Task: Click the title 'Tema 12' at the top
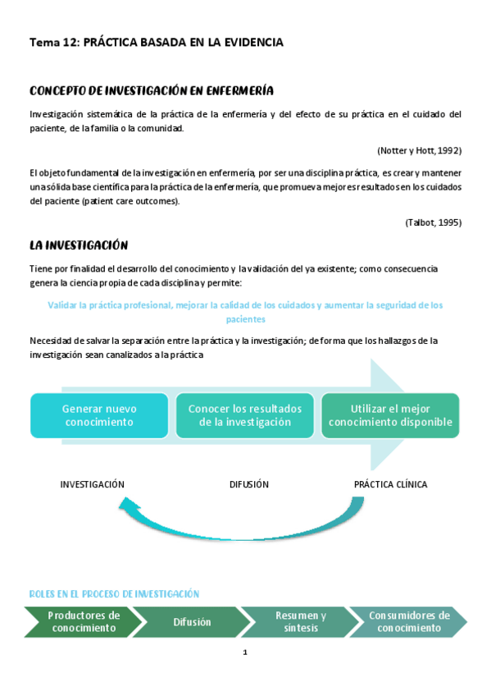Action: pyautogui.click(x=53, y=43)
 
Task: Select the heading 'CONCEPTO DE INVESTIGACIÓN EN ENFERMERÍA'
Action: pyautogui.click(x=151, y=90)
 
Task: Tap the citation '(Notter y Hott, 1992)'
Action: pyautogui.click(x=419, y=150)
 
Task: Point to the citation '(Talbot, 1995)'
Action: pyautogui.click(x=433, y=222)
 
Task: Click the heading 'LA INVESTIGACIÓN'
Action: pyautogui.click(x=79, y=245)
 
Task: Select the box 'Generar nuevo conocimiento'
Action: pyautogui.click(x=99, y=415)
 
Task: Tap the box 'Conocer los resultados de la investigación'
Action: pyautogui.click(x=245, y=415)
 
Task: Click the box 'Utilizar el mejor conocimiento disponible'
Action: pyautogui.click(x=389, y=415)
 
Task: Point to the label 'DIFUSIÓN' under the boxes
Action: pyautogui.click(x=249, y=484)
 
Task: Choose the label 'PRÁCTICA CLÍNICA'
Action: pyautogui.click(x=390, y=484)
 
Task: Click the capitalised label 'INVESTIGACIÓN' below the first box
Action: pyautogui.click(x=93, y=484)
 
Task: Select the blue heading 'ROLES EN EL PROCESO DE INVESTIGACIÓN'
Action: pyautogui.click(x=114, y=593)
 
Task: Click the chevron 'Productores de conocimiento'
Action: pyautogui.click(x=84, y=622)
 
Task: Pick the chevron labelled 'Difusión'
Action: pyautogui.click(x=192, y=622)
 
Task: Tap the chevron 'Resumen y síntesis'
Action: pyautogui.click(x=301, y=622)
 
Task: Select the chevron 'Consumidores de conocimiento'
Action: pyautogui.click(x=409, y=622)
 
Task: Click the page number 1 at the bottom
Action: pyautogui.click(x=245, y=653)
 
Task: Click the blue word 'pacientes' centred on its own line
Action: pyautogui.click(x=245, y=318)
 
